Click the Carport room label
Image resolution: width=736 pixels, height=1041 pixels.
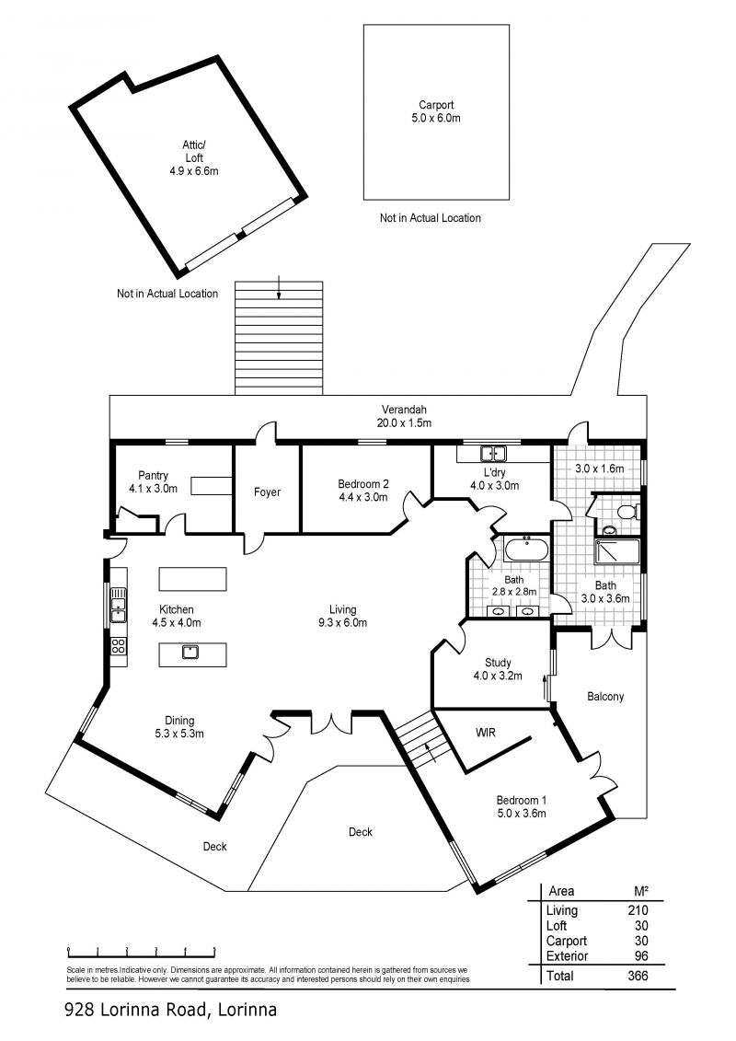tap(436, 111)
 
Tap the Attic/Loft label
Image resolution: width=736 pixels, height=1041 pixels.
tap(194, 158)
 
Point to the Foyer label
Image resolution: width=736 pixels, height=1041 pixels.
tap(267, 492)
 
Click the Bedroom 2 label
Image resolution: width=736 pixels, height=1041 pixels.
tap(363, 491)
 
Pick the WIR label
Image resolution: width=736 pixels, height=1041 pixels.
tap(486, 733)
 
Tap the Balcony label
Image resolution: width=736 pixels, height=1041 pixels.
tap(605, 697)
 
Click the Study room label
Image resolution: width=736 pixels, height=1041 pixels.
tap(498, 669)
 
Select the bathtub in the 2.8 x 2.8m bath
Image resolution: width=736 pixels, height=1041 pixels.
tap(525, 550)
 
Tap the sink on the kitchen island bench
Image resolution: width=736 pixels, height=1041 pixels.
tap(191, 652)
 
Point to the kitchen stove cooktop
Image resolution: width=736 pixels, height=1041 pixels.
tap(118, 645)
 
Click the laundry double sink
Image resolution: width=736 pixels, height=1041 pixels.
tap(493, 454)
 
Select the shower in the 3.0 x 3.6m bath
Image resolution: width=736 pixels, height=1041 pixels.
tap(617, 552)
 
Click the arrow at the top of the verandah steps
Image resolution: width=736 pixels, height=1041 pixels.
tap(279, 287)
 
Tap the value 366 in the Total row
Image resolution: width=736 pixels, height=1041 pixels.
tap(638, 976)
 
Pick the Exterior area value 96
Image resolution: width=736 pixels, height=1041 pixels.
tap(641, 956)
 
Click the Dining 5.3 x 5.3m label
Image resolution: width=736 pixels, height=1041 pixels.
tap(179, 727)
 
